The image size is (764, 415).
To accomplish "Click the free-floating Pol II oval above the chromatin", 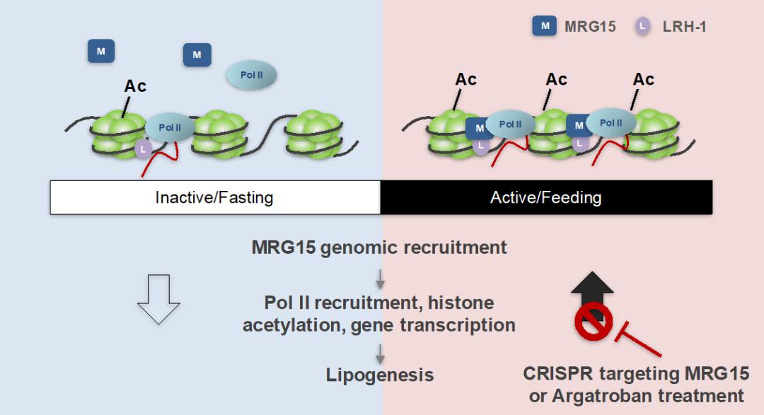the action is click(x=251, y=75).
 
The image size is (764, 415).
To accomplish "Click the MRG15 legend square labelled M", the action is click(x=544, y=26).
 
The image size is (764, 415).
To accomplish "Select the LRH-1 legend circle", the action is click(x=642, y=26).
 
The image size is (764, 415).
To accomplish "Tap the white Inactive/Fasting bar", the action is click(x=215, y=197).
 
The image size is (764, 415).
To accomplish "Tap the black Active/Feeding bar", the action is click(x=546, y=197).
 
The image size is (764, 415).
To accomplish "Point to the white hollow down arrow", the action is click(x=159, y=299).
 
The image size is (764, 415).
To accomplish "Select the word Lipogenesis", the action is click(x=380, y=375).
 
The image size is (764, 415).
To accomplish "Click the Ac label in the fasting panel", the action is click(x=135, y=86).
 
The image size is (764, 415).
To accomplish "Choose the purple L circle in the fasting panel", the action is click(x=143, y=148).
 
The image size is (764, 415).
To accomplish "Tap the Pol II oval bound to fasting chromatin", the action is click(x=170, y=128).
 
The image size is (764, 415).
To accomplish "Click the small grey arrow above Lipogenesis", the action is click(x=380, y=354).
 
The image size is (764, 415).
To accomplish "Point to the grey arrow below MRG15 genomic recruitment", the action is click(x=380, y=279).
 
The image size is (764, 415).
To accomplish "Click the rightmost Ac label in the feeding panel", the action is click(x=643, y=79).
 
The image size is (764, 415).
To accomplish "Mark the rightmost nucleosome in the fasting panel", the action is click(x=314, y=134).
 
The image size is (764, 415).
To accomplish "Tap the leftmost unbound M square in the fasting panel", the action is click(x=101, y=51).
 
